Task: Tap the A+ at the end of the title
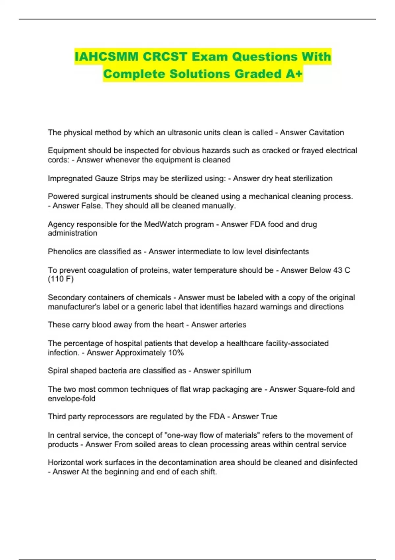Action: tap(294, 74)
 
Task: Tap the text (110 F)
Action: tap(61, 279)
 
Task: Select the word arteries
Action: tap(232, 325)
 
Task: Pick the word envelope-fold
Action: tap(71, 399)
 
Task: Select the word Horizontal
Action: tap(66, 462)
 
